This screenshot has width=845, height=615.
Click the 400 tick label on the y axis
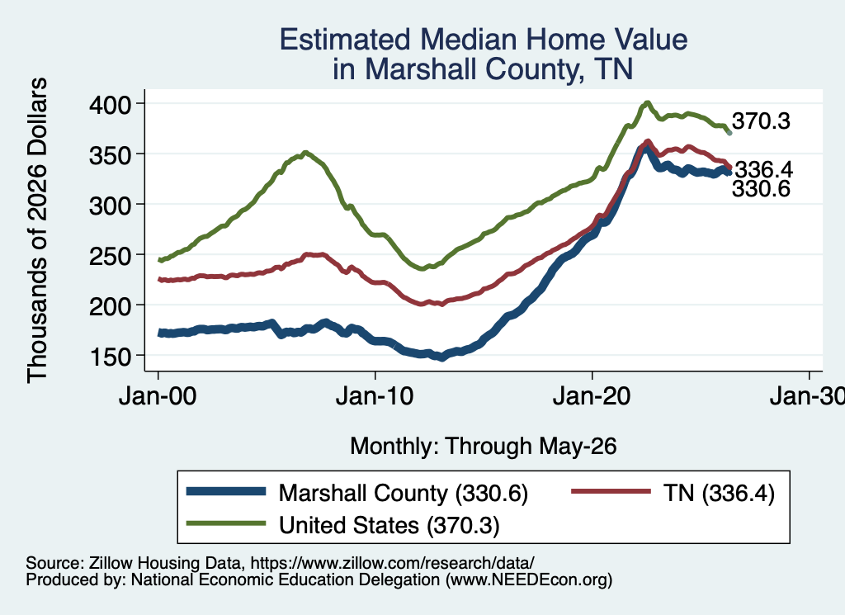point(110,104)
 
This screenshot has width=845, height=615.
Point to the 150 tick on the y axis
point(110,357)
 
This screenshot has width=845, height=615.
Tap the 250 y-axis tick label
point(110,255)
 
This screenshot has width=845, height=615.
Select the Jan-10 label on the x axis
point(375,396)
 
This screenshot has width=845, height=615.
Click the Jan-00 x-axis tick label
point(158,396)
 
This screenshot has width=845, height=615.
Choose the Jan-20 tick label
point(592,396)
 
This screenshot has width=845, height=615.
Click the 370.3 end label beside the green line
point(761,121)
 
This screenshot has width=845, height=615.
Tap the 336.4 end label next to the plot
point(764,170)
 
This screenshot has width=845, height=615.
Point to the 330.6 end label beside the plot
point(761,189)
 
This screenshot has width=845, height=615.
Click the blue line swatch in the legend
point(226,491)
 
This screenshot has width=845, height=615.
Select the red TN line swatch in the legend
point(611,491)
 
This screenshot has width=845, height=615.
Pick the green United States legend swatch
point(226,523)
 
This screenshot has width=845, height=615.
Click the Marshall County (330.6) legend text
point(403,493)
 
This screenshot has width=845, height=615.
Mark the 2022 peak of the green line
point(648,102)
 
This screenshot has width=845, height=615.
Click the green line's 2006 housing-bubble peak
point(305,153)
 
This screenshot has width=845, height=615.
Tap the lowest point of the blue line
point(442,358)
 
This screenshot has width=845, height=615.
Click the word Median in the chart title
point(468,40)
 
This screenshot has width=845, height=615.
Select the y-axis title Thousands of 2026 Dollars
point(37,230)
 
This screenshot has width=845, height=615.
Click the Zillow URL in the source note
point(392,563)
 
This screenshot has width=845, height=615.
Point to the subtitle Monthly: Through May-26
point(484,447)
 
